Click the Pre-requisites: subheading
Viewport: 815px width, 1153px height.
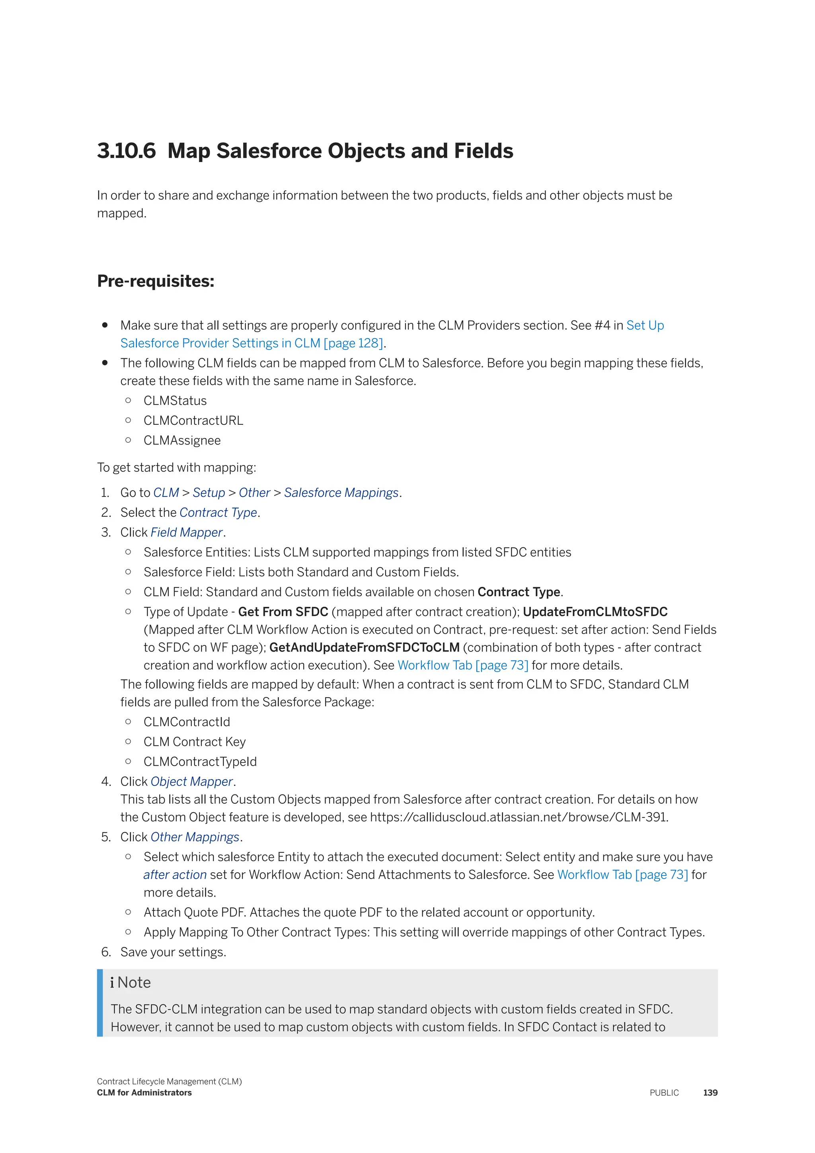[156, 281]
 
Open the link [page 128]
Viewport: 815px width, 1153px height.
[353, 344]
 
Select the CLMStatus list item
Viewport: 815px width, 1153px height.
[175, 401]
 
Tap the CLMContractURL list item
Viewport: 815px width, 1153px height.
[193, 421]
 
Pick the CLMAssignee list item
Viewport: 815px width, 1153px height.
[182, 440]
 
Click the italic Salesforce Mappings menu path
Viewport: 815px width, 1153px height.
[341, 492]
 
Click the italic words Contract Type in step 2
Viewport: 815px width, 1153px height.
[218, 513]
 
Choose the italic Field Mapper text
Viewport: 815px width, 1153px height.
[187, 532]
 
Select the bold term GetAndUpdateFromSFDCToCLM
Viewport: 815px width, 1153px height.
[365, 648]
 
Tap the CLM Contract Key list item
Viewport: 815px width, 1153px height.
[195, 742]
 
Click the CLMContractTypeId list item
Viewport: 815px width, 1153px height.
[200, 762]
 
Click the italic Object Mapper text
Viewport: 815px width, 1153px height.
[192, 782]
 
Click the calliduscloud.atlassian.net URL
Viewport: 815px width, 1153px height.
[519, 817]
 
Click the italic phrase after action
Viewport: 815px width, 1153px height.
[175, 875]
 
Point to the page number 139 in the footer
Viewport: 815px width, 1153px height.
[710, 1093]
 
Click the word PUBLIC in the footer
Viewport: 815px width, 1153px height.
[664, 1093]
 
